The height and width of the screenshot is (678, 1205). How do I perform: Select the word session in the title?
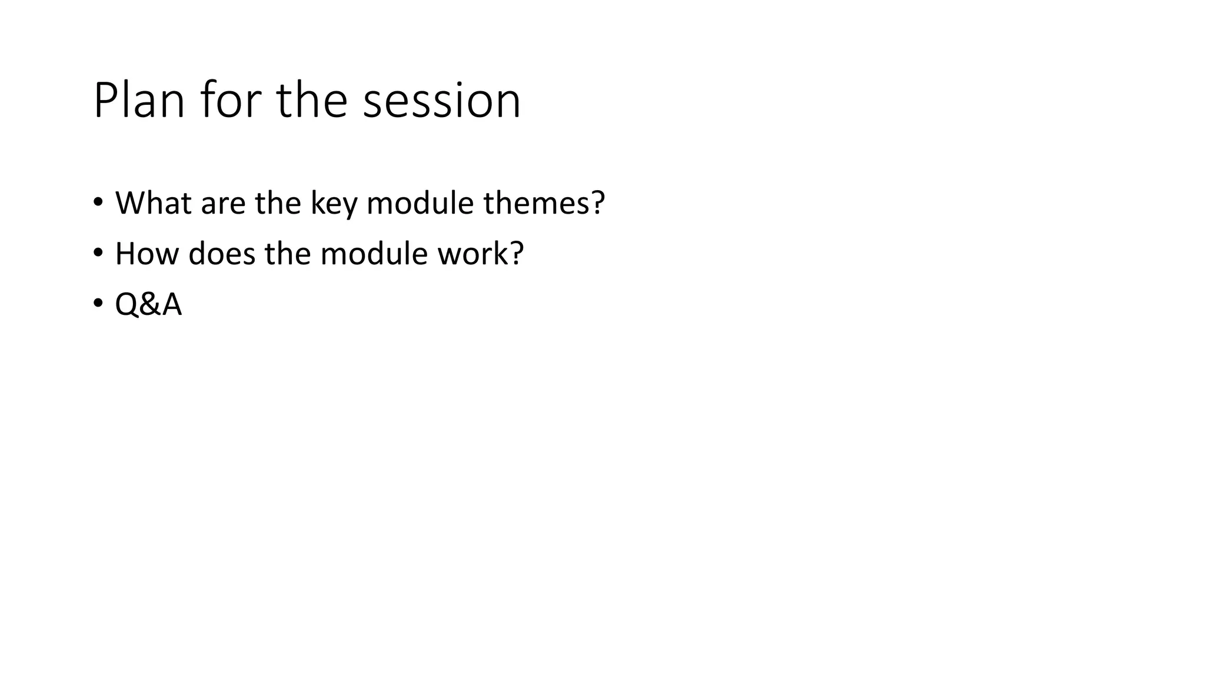(441, 101)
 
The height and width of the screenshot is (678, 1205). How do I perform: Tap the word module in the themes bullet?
(420, 203)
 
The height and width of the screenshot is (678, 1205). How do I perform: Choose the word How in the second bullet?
(147, 254)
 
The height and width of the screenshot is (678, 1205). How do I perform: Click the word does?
(222, 254)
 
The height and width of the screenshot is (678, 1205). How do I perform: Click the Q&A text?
(148, 305)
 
